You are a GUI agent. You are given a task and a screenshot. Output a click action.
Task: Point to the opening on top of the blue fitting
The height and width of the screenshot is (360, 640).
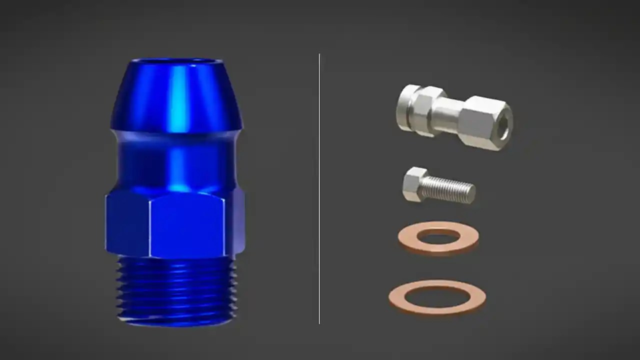175,61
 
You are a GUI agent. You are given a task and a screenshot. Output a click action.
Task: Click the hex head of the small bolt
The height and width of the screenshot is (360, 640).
414,184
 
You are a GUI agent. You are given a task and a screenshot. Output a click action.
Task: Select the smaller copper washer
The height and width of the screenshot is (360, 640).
438,237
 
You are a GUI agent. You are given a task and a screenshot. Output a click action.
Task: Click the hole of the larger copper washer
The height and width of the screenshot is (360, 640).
437,296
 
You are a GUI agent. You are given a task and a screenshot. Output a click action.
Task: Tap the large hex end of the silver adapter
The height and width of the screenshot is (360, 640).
482,122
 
